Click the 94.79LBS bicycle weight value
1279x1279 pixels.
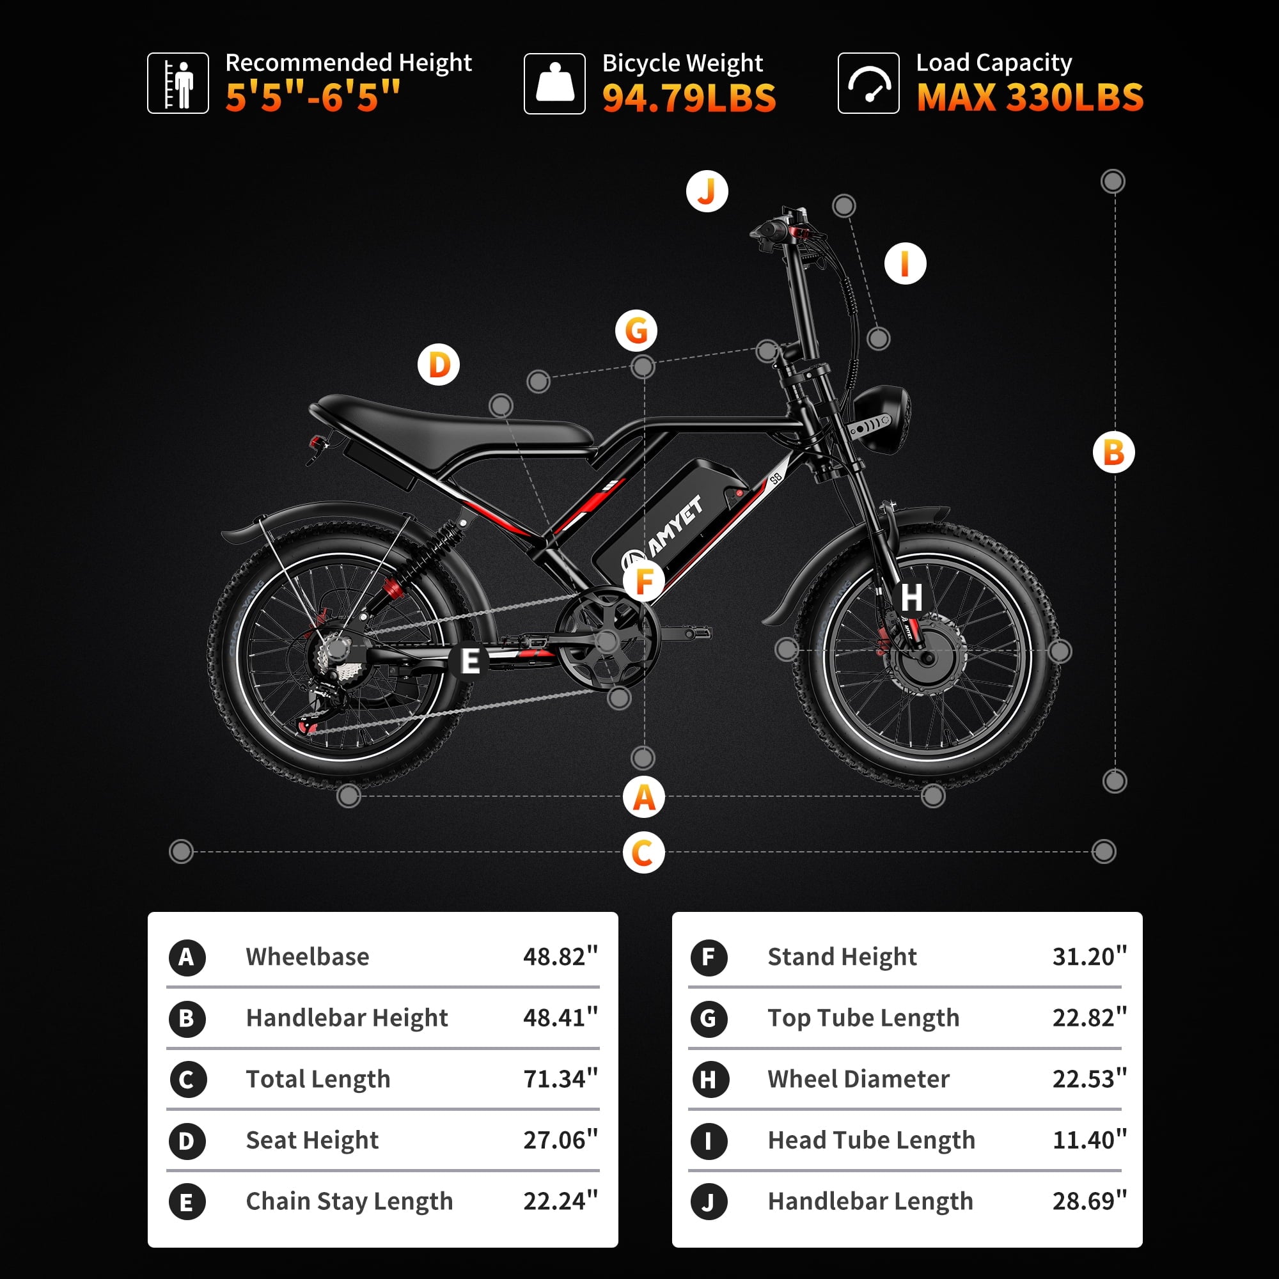[689, 98]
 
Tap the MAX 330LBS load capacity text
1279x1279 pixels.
[1030, 97]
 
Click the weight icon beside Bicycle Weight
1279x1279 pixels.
[554, 83]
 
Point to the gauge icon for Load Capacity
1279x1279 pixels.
[868, 83]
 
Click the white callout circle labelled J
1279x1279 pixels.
[707, 191]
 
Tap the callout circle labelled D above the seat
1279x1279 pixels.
[439, 365]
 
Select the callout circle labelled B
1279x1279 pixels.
[1114, 453]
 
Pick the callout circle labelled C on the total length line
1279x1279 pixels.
[643, 852]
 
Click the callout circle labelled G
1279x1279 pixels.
[636, 331]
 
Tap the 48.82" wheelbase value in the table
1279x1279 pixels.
[560, 957]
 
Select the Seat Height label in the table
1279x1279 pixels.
[312, 1141]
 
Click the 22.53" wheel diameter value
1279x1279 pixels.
[1090, 1079]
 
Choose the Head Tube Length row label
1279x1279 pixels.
[871, 1140]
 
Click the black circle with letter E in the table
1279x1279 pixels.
[187, 1202]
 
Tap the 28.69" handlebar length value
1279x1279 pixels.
[1090, 1202]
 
